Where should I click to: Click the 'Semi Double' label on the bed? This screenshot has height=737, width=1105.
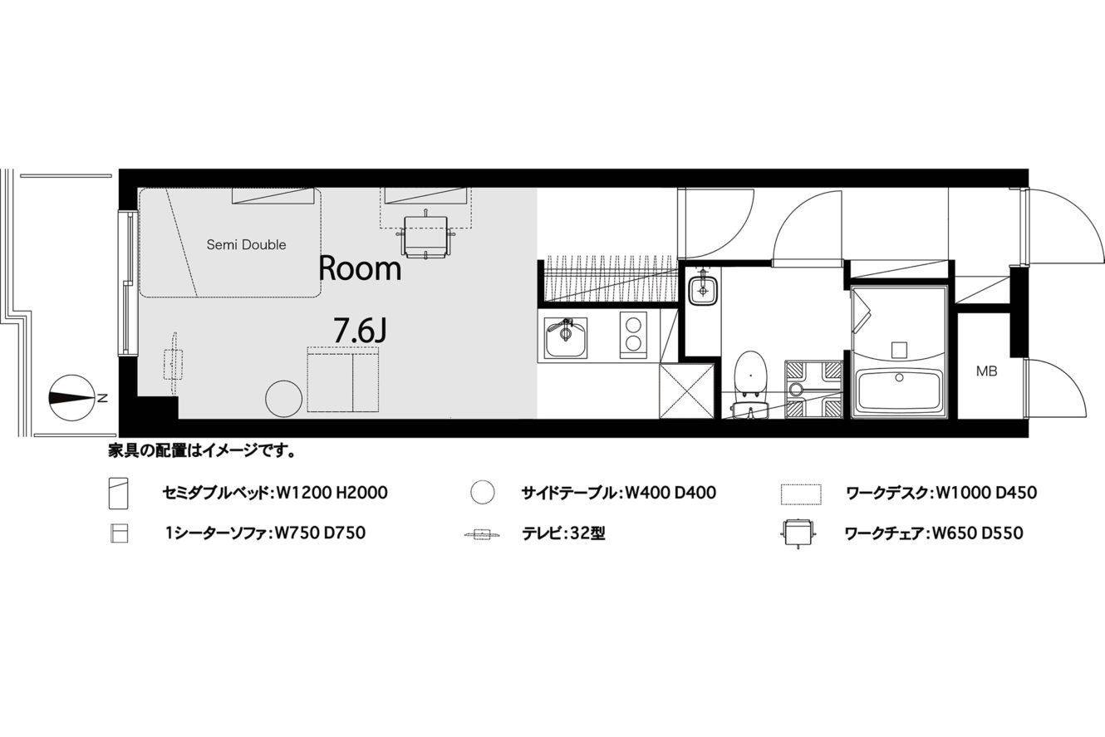coord(246,244)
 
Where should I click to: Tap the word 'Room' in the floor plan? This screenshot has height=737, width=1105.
coord(360,269)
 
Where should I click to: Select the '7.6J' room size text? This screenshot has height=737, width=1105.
coord(360,331)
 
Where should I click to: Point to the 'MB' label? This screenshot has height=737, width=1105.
coord(987,371)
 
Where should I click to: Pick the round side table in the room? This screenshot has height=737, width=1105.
coord(283,399)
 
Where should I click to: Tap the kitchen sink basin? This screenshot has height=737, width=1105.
coord(565,338)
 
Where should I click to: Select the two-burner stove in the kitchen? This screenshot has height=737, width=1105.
coord(633,335)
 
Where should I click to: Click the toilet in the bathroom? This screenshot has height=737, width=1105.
coord(750,385)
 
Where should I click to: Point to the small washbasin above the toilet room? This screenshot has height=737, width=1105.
coord(703,291)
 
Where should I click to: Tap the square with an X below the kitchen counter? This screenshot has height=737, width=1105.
coord(686,391)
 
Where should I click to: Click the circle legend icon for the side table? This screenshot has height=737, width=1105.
coord(483,492)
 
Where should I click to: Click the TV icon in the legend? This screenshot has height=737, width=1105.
coord(483,534)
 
